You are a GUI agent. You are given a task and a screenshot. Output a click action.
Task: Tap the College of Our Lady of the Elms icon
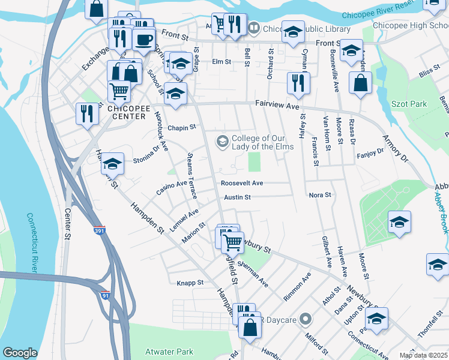pyautogui.click(x=222, y=141)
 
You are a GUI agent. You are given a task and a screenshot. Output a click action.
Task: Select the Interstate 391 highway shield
pyautogui.click(x=99, y=230)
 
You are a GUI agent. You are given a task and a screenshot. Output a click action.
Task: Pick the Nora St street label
pyautogui.click(x=320, y=195)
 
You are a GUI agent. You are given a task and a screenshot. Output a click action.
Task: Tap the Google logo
pyautogui.click(x=20, y=353)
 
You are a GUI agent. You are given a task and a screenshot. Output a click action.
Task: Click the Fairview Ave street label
pyautogui.click(x=277, y=105)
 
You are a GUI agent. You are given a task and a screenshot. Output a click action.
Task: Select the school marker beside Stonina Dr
pyautogui.click(x=112, y=163)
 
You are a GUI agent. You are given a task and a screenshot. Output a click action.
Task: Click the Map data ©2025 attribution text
pyautogui.click(x=423, y=355)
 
